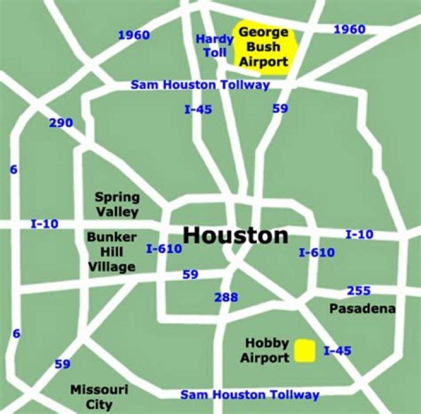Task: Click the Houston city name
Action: tap(235, 236)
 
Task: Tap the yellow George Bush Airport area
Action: tap(263, 47)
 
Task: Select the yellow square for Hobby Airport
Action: tap(305, 351)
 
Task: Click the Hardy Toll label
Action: tap(215, 46)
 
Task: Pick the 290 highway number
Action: tap(61, 123)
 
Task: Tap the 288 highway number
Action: tap(226, 297)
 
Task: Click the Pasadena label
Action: tap(362, 308)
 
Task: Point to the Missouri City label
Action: tap(91, 396)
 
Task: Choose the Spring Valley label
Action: tap(117, 204)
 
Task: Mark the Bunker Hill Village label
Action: tap(112, 252)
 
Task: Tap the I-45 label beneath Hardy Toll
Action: tap(198, 109)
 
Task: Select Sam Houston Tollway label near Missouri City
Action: tap(250, 395)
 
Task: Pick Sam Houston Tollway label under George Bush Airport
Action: tap(200, 85)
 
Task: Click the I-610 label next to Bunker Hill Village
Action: tap(164, 249)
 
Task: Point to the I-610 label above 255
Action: tap(316, 253)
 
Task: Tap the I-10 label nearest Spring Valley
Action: tap(44, 223)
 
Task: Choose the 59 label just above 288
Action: tap(190, 274)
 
